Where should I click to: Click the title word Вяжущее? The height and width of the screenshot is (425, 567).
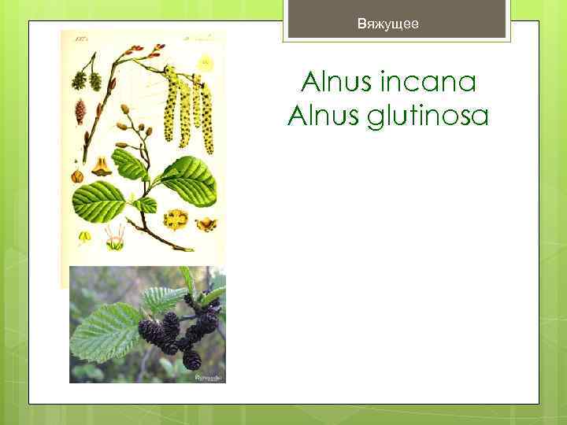pos(388,24)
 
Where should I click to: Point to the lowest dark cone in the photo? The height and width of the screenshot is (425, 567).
pos(191,360)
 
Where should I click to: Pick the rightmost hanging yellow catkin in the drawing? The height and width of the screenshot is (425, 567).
pos(207,118)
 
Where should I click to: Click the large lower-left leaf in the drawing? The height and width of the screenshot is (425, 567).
pos(99,201)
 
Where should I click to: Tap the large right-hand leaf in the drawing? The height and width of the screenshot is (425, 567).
pos(187,179)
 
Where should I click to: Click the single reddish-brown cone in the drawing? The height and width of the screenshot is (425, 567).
pos(80,111)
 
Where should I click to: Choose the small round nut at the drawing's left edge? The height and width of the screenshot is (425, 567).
pos(76,176)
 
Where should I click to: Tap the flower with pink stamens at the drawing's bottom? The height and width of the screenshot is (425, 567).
pos(115,239)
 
